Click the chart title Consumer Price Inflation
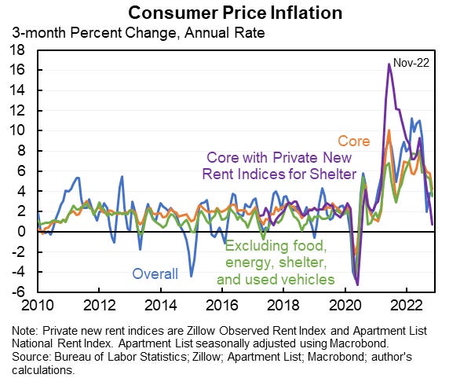tap(235, 13)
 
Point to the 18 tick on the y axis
tap(18, 50)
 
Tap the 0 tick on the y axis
tap(21, 232)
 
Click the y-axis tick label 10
tap(18, 130)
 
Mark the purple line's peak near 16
tap(389, 64)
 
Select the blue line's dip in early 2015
tap(191, 276)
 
